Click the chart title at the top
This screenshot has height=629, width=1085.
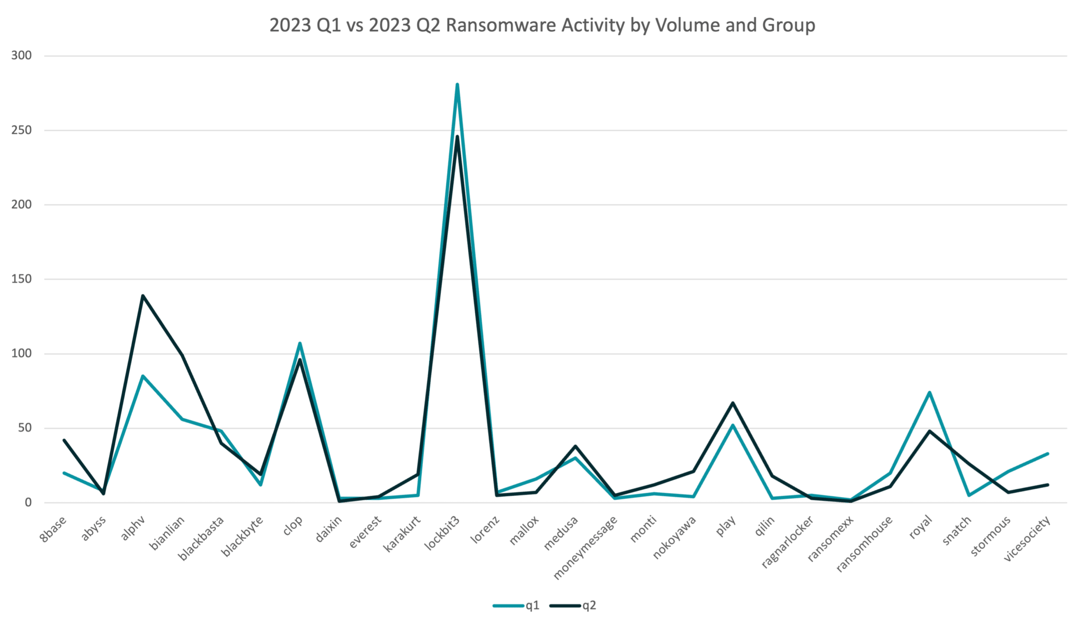pyautogui.click(x=542, y=26)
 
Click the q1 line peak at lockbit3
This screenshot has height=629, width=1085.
pyautogui.click(x=457, y=84)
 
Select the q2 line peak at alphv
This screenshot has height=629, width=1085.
pyautogui.click(x=143, y=295)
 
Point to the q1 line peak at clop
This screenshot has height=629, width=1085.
pyautogui.click(x=300, y=344)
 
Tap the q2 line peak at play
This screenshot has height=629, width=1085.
pyautogui.click(x=733, y=403)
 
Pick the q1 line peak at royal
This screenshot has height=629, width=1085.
pyautogui.click(x=929, y=392)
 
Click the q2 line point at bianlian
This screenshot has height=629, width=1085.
pyautogui.click(x=182, y=353)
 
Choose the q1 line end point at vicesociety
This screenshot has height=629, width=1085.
pyautogui.click(x=1047, y=454)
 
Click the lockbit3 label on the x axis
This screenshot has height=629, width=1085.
pyautogui.click(x=443, y=534)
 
